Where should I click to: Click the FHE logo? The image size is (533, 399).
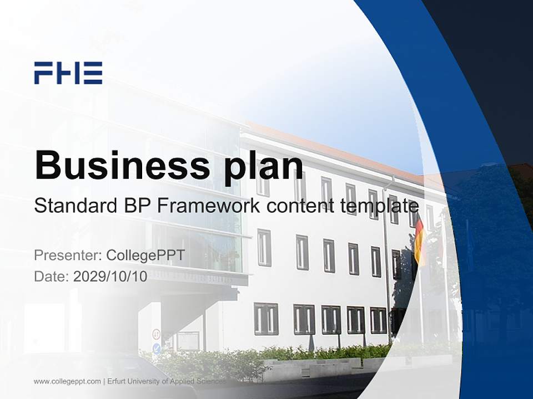click(x=68, y=73)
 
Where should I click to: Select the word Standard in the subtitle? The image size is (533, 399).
click(x=73, y=206)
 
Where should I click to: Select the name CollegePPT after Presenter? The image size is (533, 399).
click(x=145, y=255)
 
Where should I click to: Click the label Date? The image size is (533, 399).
click(x=52, y=276)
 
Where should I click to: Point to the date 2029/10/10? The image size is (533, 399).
click(x=110, y=276)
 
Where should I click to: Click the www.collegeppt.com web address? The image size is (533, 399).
click(x=67, y=381)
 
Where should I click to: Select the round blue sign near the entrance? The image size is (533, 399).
click(x=157, y=349)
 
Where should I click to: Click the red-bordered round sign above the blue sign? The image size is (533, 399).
click(x=157, y=335)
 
